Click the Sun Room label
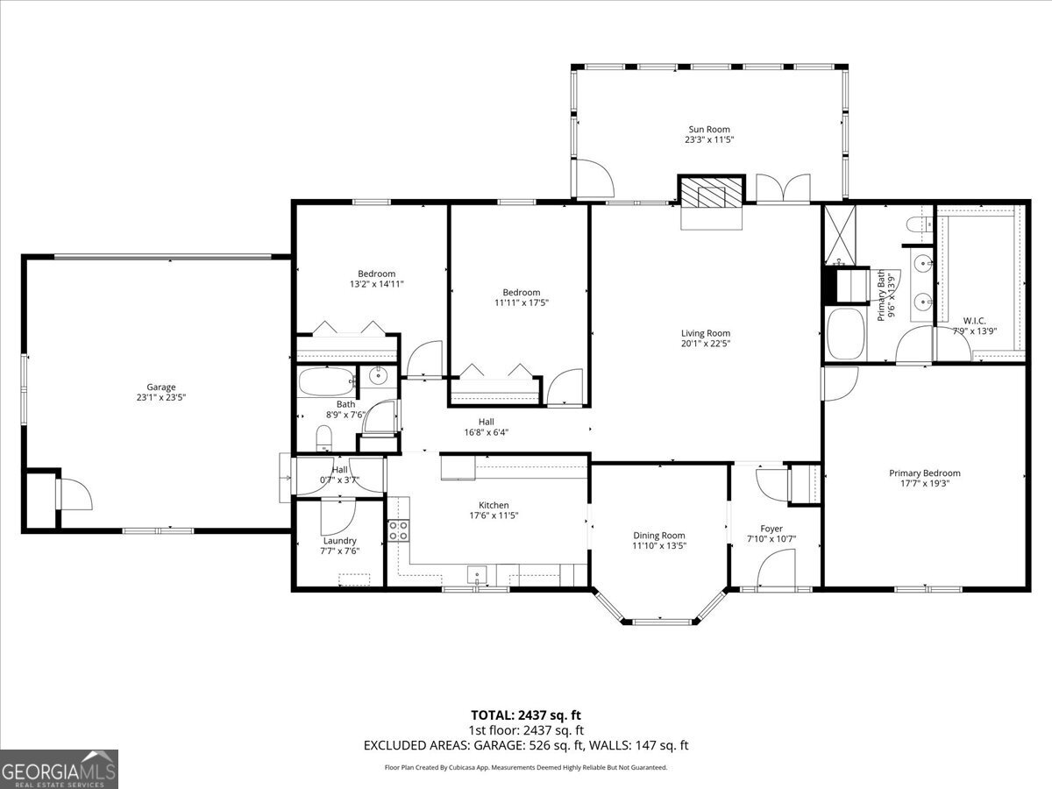click(708, 130)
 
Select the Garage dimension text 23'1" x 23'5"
click(160, 397)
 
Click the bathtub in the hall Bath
click(327, 382)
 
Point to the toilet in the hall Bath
click(323, 437)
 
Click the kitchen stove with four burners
click(398, 530)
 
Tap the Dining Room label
click(659, 535)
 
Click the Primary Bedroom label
click(924, 473)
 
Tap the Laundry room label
click(338, 541)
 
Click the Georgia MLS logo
click(59, 769)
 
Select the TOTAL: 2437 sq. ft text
click(525, 714)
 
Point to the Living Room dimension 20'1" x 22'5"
click(705, 344)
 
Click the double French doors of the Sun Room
click(783, 188)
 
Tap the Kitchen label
click(494, 505)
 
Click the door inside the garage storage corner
click(75, 494)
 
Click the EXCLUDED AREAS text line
click(526, 745)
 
